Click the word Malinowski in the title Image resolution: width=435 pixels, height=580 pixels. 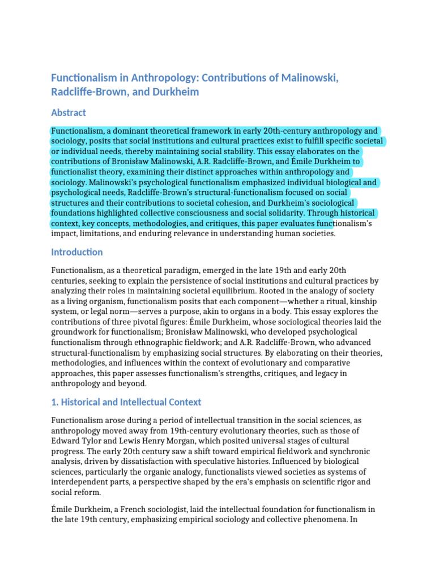click(305, 78)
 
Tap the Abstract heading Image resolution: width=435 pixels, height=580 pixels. click(69, 113)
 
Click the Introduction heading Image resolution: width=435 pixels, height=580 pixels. click(77, 252)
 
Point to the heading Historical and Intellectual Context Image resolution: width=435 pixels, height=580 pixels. click(126, 402)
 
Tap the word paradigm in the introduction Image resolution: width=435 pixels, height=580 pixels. click(177, 271)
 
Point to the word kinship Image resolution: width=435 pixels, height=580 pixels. click(362, 301)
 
